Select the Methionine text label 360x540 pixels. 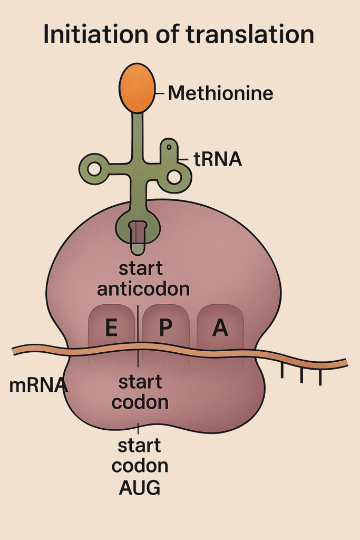pyautogui.click(x=220, y=94)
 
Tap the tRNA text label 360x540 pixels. pyautogui.click(x=218, y=159)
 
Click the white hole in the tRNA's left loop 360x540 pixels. pyautogui.click(x=94, y=169)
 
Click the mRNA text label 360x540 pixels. pyautogui.click(x=38, y=385)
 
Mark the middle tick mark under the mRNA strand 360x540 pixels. pyautogui.click(x=301, y=375)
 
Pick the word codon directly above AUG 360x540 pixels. pyautogui.click(x=142, y=467)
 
